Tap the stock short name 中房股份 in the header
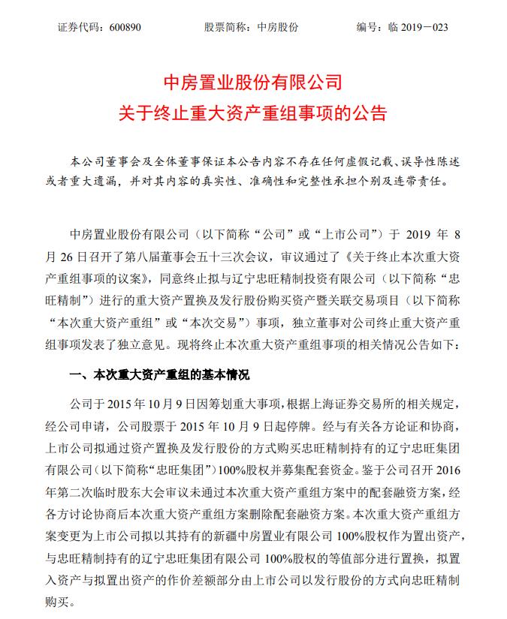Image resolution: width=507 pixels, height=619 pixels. point(277,27)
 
